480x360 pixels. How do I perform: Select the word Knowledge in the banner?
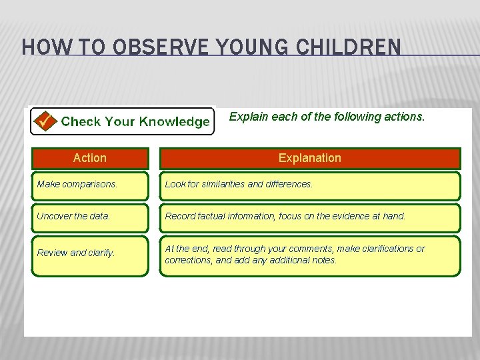[x=175, y=121]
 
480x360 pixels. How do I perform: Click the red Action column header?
[x=90, y=158]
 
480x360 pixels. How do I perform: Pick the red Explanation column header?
[x=309, y=158]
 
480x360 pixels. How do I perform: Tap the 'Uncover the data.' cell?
[x=90, y=216]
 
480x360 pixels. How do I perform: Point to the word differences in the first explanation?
[x=290, y=184]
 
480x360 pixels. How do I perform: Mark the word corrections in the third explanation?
[x=187, y=260]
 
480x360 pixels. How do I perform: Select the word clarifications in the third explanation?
[x=387, y=249]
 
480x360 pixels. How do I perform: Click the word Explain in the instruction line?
[x=246, y=117]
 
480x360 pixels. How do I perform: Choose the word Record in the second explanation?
[x=179, y=216]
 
